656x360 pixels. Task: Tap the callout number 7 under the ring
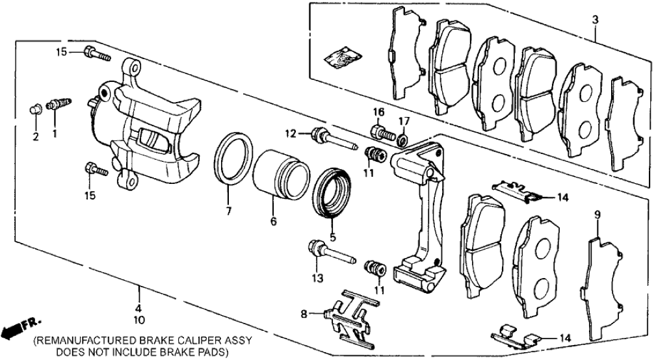click(x=228, y=211)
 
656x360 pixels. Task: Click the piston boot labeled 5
click(x=334, y=191)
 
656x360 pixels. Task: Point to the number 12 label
click(x=290, y=133)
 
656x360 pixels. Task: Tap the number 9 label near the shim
click(x=597, y=213)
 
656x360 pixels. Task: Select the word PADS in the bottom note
click(x=215, y=352)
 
